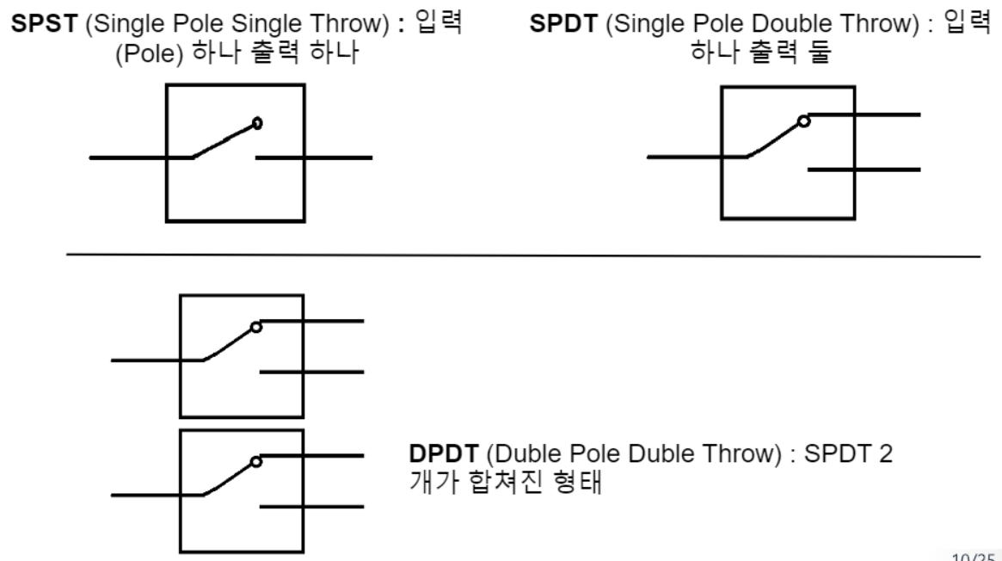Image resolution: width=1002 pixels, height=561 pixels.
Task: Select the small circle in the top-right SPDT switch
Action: click(803, 121)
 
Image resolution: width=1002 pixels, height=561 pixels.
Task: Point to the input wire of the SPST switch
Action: click(129, 157)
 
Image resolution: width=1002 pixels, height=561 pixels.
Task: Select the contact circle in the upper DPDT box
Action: click(255, 327)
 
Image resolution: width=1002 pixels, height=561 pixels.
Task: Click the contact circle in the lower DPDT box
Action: click(255, 462)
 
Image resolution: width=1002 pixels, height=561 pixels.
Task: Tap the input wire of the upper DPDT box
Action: click(146, 360)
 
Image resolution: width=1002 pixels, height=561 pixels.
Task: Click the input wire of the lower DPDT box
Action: click(146, 495)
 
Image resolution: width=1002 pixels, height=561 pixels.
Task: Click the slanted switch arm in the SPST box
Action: click(224, 142)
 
